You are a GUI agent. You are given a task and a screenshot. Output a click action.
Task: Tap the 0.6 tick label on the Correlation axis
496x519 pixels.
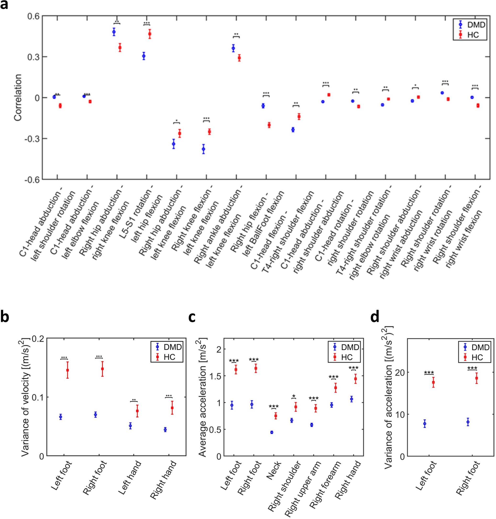tap(33, 16)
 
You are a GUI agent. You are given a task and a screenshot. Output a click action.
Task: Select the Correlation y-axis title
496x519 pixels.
tap(18, 98)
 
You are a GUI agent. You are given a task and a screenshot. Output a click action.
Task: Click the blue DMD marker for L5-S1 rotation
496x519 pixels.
tap(144, 56)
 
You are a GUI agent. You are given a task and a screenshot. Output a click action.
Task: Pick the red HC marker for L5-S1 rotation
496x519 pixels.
tap(150, 34)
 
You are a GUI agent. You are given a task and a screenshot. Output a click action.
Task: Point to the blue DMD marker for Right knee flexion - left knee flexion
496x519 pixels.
tap(203, 149)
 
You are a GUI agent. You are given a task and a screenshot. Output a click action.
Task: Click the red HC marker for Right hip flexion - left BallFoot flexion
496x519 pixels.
tap(269, 125)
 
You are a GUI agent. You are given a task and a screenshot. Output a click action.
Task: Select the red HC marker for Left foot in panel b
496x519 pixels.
tap(68, 370)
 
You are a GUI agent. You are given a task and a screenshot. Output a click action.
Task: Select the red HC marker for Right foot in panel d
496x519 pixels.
tap(476, 378)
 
